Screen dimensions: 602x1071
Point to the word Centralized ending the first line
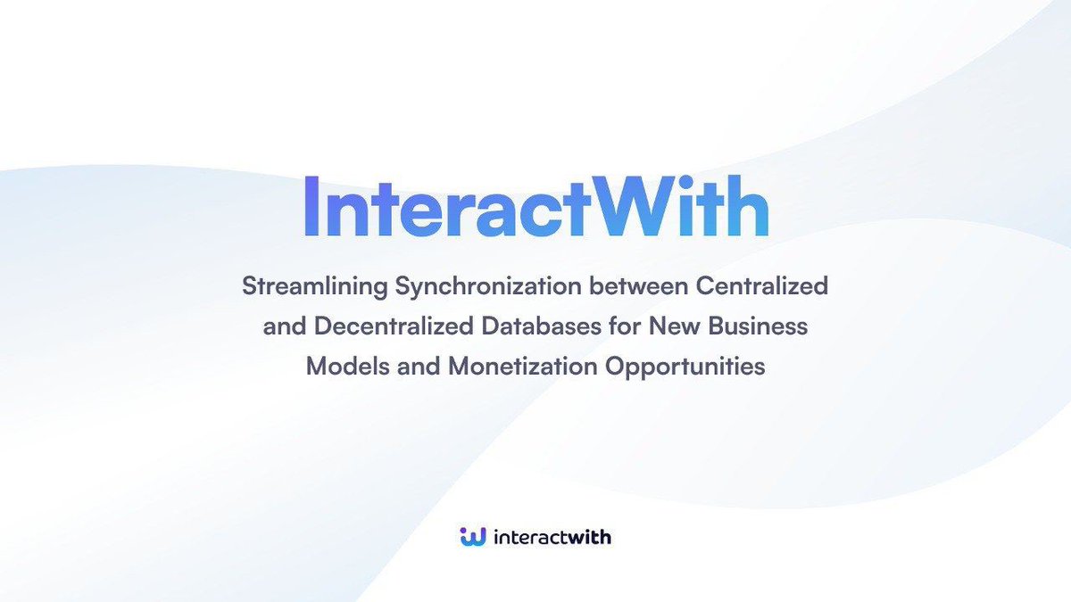coord(765,287)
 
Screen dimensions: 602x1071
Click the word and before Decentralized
coord(285,327)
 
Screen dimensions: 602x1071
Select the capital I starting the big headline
coord(312,206)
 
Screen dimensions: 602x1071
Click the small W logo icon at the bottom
coord(472,536)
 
